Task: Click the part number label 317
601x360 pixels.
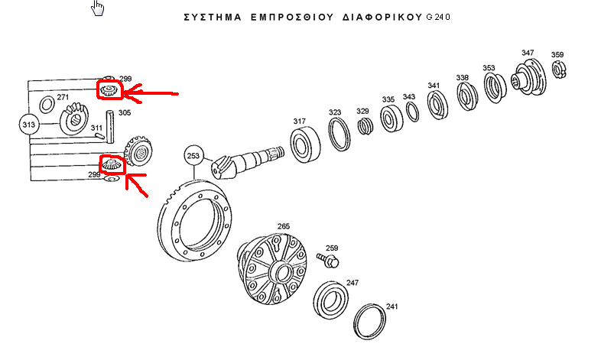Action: pyautogui.click(x=299, y=122)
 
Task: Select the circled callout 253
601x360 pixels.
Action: pyautogui.click(x=193, y=157)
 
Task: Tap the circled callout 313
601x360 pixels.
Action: pyautogui.click(x=29, y=125)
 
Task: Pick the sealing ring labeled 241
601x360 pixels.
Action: pyautogui.click(x=372, y=321)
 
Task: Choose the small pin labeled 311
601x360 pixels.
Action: pyautogui.click(x=99, y=135)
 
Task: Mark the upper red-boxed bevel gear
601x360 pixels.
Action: pyautogui.click(x=109, y=92)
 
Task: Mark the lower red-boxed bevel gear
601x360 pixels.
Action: pyautogui.click(x=111, y=164)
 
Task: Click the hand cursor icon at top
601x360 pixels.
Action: pyautogui.click(x=97, y=8)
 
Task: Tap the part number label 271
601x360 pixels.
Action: pyautogui.click(x=63, y=98)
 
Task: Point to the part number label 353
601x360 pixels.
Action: pyautogui.click(x=489, y=68)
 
